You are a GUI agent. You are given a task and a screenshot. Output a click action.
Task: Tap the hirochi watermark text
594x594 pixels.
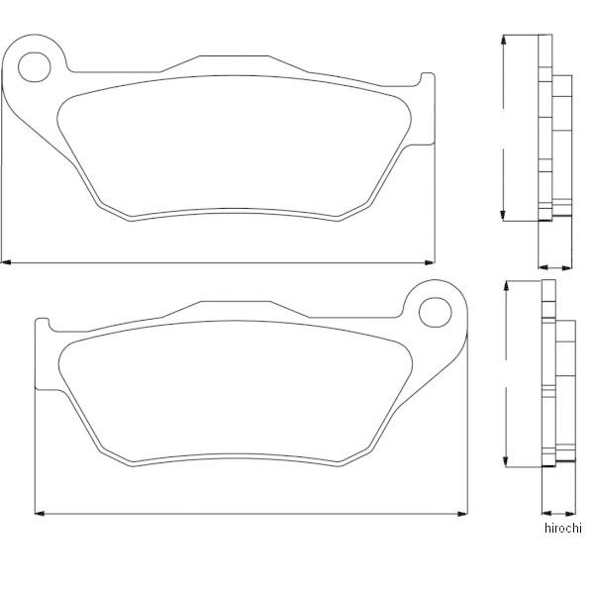pyautogui.click(x=562, y=528)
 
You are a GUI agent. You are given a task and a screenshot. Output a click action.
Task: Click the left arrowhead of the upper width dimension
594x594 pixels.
pyautogui.click(x=6, y=262)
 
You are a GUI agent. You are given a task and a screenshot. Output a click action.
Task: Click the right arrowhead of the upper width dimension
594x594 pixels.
pyautogui.click(x=430, y=262)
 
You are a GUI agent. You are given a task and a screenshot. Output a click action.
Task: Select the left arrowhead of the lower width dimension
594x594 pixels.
pyautogui.click(x=40, y=514)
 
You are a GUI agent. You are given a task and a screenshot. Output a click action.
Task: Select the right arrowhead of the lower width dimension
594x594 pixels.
pyautogui.click(x=462, y=514)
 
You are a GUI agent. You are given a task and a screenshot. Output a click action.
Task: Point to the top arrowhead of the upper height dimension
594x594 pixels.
pyautogui.click(x=503, y=40)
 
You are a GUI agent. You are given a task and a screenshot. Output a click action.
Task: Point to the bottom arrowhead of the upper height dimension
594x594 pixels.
pyautogui.click(x=503, y=216)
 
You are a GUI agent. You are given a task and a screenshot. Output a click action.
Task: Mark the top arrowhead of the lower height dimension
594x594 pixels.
pyautogui.click(x=505, y=286)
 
